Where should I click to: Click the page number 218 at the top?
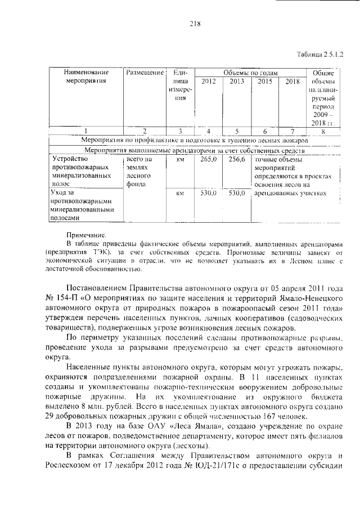tap(179, 24)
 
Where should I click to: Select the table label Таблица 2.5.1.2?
tap(319, 53)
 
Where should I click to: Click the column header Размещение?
tap(145, 73)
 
